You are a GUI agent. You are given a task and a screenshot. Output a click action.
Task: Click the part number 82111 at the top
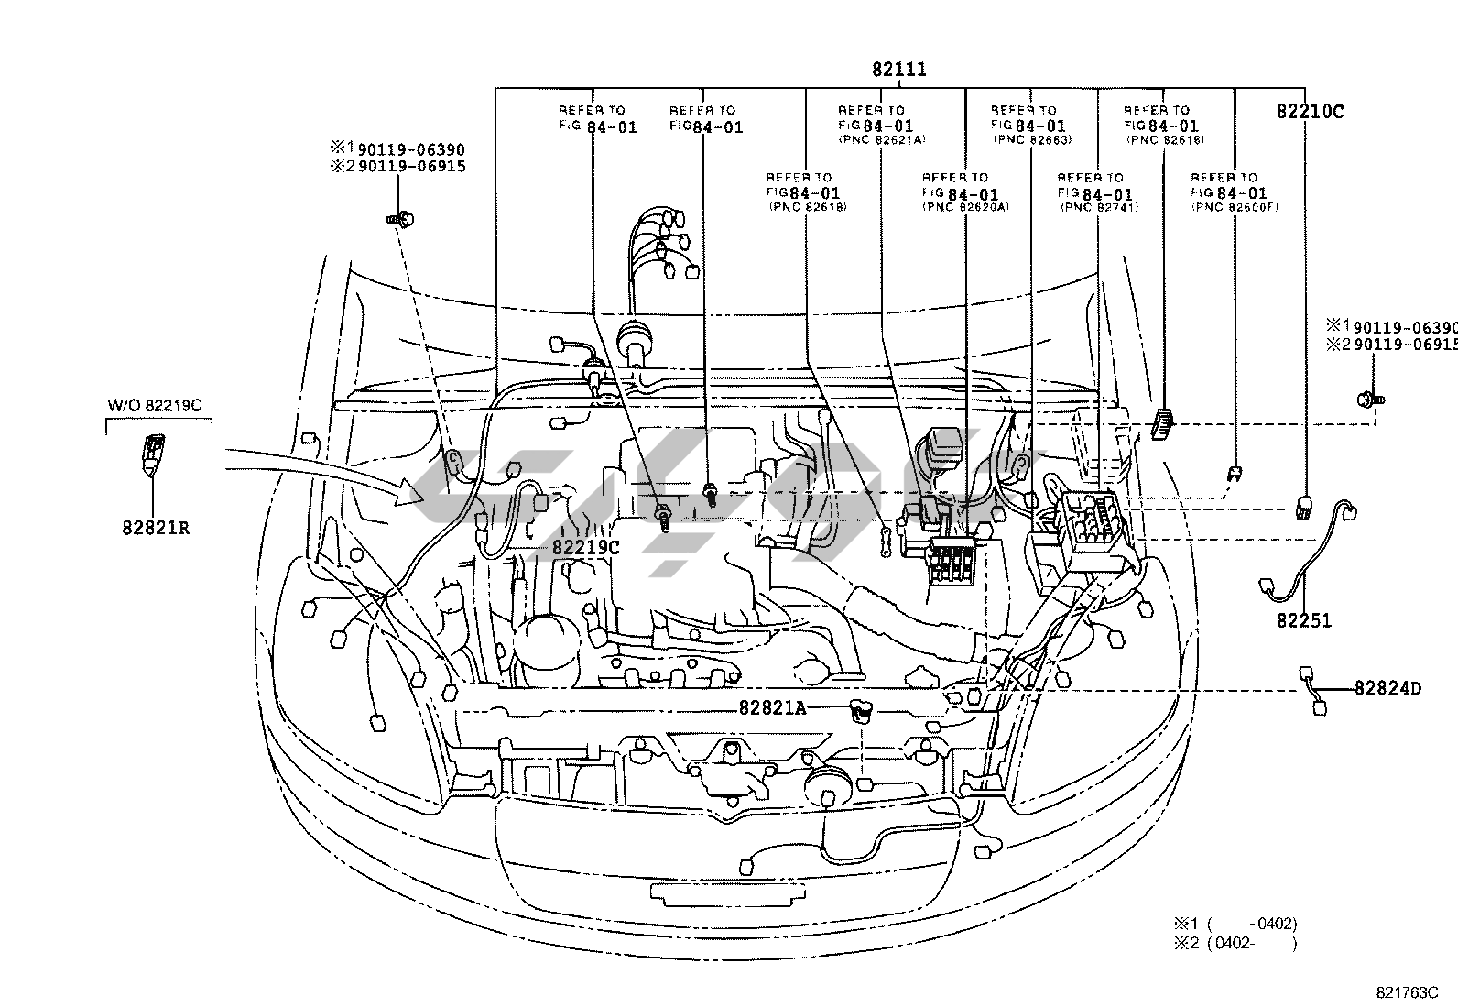click(898, 70)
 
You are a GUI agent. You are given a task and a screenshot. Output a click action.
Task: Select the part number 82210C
click(1310, 112)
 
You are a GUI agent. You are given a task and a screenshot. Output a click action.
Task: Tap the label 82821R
click(157, 528)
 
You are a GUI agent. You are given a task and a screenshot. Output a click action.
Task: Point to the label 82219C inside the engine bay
click(586, 547)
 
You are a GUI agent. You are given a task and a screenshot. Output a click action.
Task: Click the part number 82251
click(1304, 621)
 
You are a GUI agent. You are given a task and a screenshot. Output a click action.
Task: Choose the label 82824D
click(1387, 687)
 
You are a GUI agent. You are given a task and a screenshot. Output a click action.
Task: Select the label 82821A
click(772, 707)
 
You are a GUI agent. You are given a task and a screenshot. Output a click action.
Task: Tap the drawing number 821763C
click(1407, 992)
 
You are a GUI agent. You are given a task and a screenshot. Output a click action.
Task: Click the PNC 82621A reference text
click(882, 140)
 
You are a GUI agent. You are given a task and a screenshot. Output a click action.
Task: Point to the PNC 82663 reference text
click(1032, 140)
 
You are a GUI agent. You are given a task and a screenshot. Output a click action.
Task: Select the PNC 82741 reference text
click(1098, 208)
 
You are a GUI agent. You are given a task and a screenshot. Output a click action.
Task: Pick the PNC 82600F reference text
click(1234, 208)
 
